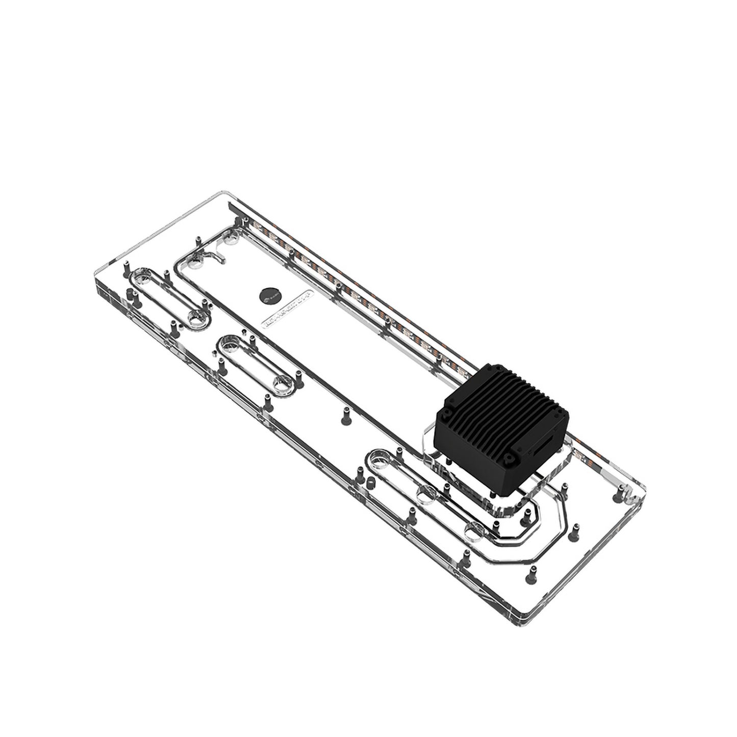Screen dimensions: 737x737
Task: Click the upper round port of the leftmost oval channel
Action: (x=141, y=278)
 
